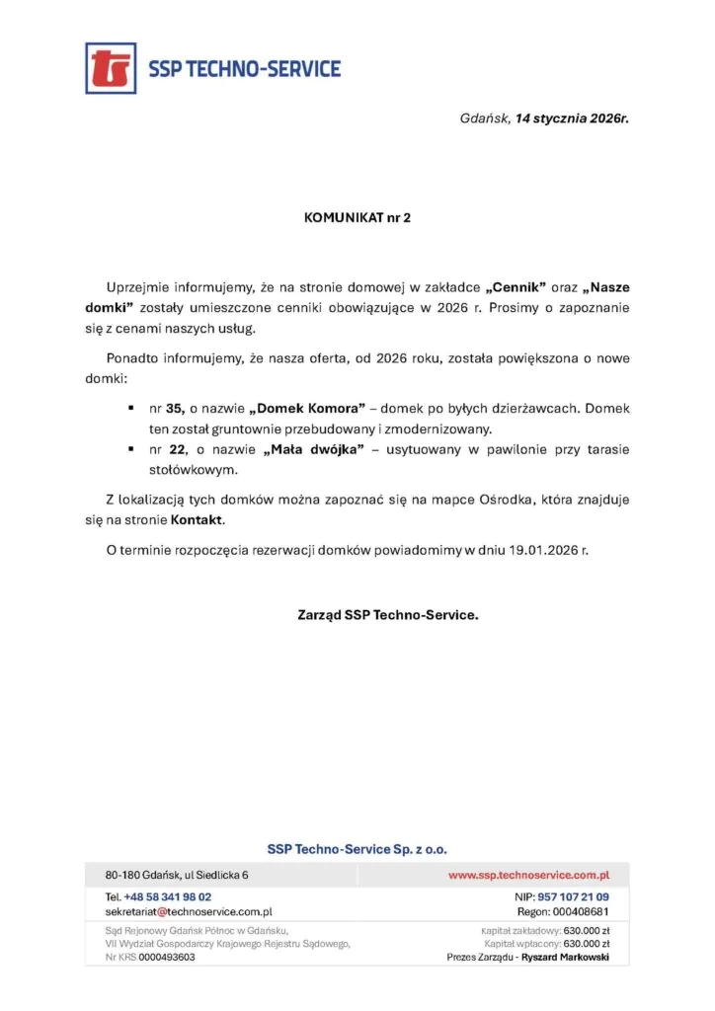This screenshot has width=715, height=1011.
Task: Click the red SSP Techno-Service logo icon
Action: point(111,68)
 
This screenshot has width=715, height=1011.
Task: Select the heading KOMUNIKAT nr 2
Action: point(357,217)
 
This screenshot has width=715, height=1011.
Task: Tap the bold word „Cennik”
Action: point(517,287)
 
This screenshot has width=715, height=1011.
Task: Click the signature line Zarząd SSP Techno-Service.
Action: point(387,614)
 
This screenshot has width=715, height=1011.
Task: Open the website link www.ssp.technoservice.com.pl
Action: point(528,875)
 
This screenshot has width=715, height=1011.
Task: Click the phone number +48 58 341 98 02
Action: point(168,896)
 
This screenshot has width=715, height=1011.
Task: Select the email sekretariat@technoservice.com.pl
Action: point(189,911)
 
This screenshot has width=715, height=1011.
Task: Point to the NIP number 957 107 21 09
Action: point(573,896)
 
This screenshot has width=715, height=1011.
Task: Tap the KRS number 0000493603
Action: point(167,957)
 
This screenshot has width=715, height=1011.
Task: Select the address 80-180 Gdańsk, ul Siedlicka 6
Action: point(177,875)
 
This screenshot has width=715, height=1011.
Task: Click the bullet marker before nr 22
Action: point(130,449)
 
